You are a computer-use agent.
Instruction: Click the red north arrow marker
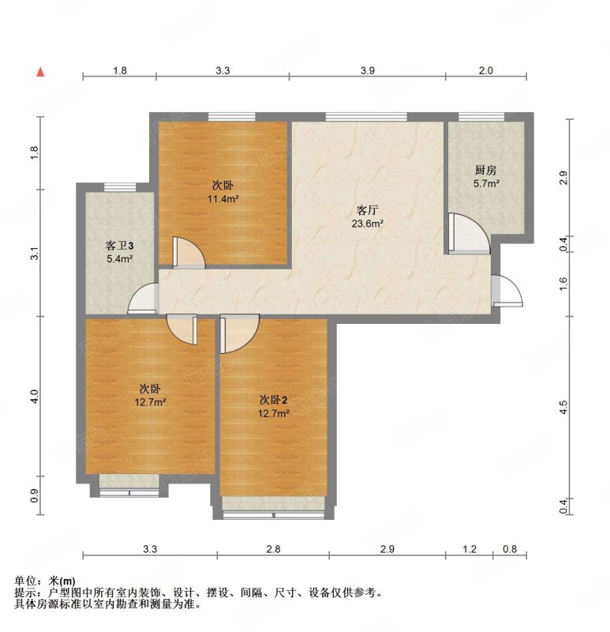coord(41,72)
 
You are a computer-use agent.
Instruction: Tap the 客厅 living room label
coord(367,210)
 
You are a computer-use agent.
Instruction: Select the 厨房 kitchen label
coord(485,171)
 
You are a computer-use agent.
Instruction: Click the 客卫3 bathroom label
coord(120,246)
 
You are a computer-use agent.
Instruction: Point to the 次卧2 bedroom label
coord(274,401)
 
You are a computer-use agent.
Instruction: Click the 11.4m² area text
coord(223,199)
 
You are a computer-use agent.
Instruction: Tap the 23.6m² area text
coord(367,224)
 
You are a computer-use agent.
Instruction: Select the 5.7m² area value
coord(486,184)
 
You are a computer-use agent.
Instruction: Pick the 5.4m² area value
coord(120,259)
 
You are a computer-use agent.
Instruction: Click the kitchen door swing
coord(469,234)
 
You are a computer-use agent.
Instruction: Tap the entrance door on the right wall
coord(507,290)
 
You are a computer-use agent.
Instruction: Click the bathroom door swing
coord(143,299)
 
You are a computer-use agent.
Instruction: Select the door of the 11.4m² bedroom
coord(189,253)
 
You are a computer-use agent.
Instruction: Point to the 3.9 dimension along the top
coord(367,71)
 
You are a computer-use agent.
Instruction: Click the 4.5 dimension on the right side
coord(563,407)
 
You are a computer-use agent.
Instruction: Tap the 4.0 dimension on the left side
coord(35,397)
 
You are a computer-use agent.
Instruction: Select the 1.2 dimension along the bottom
coord(470,549)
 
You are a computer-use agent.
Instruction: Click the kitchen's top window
coord(481,117)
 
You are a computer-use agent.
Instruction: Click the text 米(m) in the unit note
coord(62,581)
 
